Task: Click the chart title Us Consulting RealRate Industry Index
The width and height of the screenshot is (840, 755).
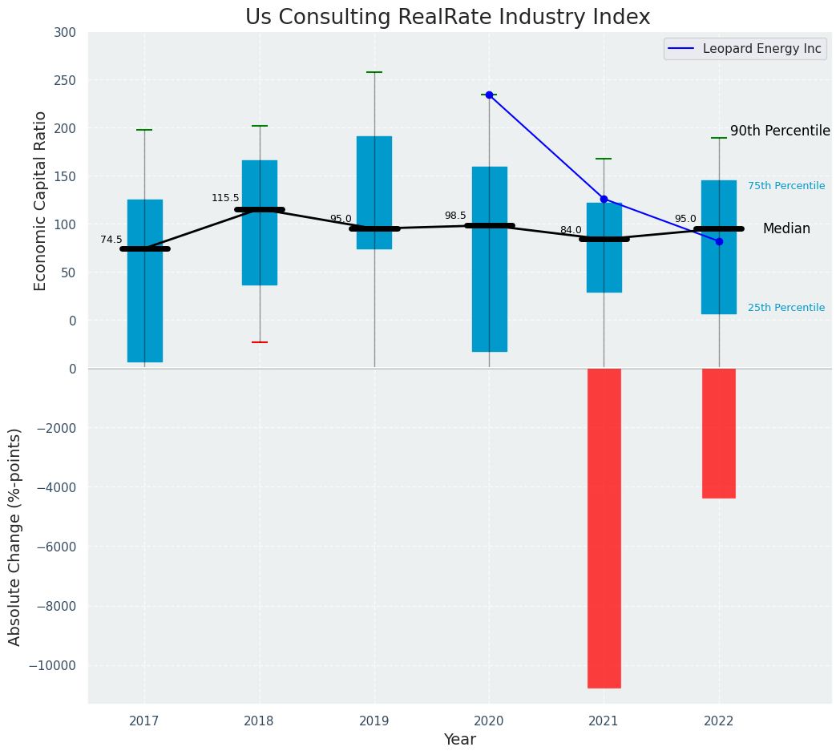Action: coord(447,18)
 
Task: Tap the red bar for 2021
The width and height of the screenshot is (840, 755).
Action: coord(604,527)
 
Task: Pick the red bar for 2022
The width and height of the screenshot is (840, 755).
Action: coord(718,433)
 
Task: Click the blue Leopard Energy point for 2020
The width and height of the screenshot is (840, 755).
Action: coord(489,95)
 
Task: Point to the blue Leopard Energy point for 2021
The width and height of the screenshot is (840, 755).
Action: coord(604,199)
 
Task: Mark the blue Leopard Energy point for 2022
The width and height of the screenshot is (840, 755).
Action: coord(719,241)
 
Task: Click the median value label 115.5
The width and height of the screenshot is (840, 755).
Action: coord(225,198)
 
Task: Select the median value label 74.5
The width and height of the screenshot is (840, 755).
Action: coord(111,240)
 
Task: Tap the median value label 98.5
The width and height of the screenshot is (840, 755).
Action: coord(455,216)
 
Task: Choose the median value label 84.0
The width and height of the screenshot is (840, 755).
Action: coord(571,230)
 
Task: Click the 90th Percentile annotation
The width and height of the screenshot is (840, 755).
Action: coord(780,131)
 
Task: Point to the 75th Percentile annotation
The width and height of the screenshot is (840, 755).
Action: coord(786,186)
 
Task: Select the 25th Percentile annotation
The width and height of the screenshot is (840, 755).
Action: coord(786,308)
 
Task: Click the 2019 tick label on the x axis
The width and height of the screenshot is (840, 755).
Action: coord(374,721)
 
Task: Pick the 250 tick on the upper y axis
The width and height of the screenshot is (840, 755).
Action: coord(65,80)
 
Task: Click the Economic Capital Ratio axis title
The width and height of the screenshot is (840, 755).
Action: coord(41,200)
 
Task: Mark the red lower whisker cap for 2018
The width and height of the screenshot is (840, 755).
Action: coord(260,342)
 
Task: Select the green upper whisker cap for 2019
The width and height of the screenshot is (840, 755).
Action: coord(374,72)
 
